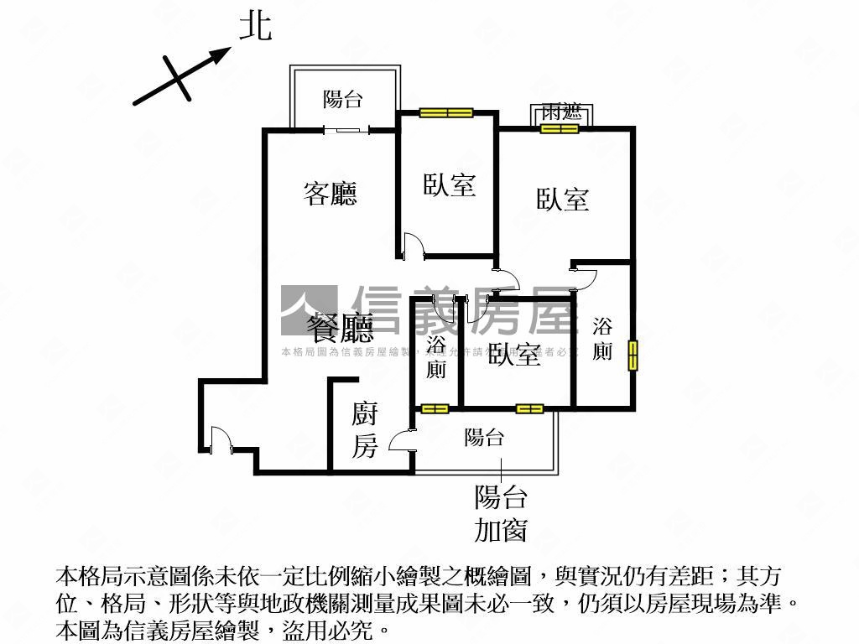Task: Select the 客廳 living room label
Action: tap(330, 194)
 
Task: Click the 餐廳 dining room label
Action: tap(340, 327)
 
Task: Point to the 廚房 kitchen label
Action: tap(364, 429)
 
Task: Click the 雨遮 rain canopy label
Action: tap(561, 112)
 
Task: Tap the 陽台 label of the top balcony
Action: tap(343, 100)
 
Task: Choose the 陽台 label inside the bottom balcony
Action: tap(484, 437)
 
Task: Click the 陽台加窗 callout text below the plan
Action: tap(501, 513)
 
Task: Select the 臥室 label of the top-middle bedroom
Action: tap(450, 184)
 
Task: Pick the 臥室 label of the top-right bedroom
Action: tap(563, 199)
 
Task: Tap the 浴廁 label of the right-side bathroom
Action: tap(601, 339)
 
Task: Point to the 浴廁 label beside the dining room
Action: tap(435, 356)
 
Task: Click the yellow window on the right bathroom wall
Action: tap(633, 354)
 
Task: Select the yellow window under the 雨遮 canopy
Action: tap(560, 128)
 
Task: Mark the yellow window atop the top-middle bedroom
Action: tap(446, 113)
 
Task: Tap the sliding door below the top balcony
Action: tap(346, 130)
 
